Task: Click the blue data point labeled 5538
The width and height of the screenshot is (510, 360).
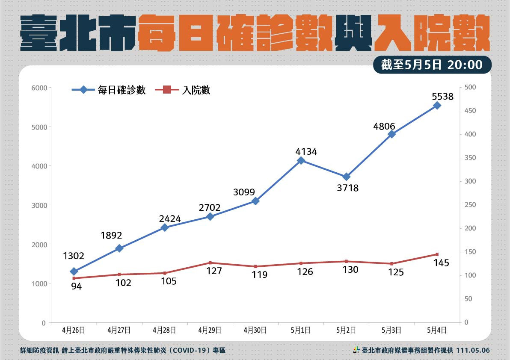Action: tap(437, 105)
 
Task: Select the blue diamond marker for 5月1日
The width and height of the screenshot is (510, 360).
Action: tap(301, 160)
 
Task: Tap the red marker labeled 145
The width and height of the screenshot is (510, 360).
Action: tap(437, 254)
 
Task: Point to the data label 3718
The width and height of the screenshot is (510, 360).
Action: tap(347, 188)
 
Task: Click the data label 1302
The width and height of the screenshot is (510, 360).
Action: tap(74, 256)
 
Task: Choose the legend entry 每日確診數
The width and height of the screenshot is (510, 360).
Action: tap(122, 90)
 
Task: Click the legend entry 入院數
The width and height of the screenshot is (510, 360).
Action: tap(196, 90)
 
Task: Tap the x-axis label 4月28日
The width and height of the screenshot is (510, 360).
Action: tap(165, 330)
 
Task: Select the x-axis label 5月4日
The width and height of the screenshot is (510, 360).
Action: tap(437, 330)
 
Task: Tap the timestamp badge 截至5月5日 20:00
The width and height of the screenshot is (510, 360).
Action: tap(432, 65)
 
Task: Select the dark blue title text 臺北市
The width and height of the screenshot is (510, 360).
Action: tap(78, 33)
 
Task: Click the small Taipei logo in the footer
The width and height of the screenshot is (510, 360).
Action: tap(356, 350)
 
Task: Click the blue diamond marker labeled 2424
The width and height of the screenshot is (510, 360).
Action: tap(165, 227)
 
